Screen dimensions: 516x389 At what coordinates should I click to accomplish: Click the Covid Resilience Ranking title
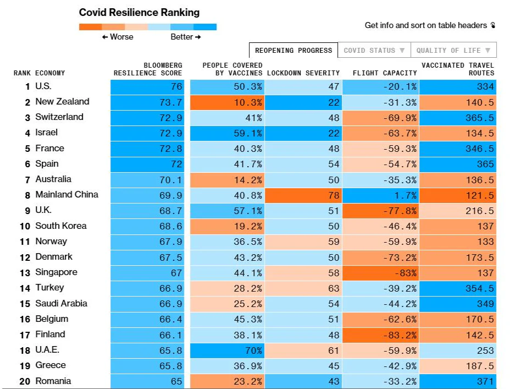(139, 13)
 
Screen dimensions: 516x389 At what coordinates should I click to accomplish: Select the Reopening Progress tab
(293, 51)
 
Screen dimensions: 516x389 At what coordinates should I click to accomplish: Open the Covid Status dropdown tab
(374, 51)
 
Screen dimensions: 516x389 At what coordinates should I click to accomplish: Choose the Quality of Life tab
(453, 51)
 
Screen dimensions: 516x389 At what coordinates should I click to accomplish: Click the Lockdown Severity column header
(303, 73)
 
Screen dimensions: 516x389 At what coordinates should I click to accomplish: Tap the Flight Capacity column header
(385, 73)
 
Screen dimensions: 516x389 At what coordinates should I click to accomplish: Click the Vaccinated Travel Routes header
(458, 69)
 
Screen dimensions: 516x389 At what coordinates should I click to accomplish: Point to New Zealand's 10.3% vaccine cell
(228, 102)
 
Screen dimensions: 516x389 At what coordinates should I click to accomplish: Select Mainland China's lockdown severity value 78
(303, 195)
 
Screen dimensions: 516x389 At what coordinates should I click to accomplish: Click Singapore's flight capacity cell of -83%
(381, 273)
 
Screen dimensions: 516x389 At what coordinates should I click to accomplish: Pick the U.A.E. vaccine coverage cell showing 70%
(228, 350)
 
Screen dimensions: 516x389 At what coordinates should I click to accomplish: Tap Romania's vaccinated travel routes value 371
(458, 381)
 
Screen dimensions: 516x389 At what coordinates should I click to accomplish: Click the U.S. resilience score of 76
(147, 87)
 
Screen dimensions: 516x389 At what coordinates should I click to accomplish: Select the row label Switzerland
(59, 117)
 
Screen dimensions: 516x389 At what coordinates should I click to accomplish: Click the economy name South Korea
(61, 226)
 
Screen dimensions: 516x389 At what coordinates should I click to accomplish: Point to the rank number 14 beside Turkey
(25, 288)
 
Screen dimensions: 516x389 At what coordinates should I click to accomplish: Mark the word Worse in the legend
(121, 36)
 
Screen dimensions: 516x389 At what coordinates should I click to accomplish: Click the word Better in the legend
(182, 36)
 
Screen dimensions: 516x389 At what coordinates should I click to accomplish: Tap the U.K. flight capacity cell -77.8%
(381, 211)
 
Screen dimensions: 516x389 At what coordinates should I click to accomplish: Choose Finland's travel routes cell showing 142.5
(458, 335)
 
